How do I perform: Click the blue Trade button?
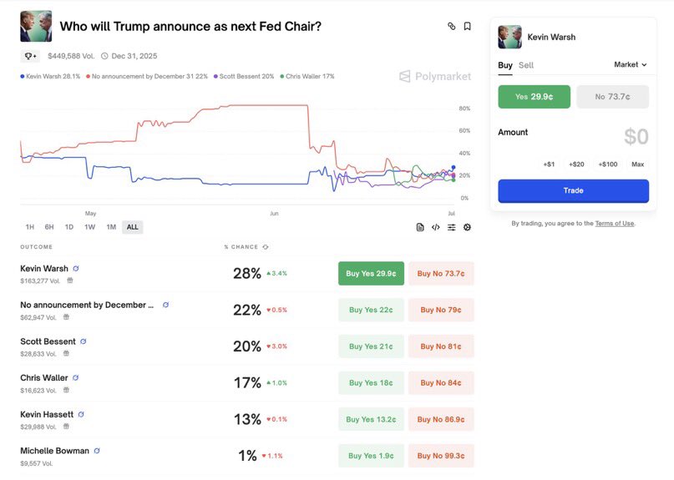pos(573,191)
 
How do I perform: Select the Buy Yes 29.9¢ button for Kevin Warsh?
pos(371,273)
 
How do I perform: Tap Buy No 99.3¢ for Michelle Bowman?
pos(441,456)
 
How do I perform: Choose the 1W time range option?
pos(90,227)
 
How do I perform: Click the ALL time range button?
pos(132,227)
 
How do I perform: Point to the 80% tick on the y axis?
pos(464,109)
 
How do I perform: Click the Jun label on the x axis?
pos(274,214)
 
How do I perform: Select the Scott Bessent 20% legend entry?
pos(244,76)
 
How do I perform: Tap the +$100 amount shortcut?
pos(608,164)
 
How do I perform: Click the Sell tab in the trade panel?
pos(526,65)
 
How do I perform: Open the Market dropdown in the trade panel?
pos(630,64)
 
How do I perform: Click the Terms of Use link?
pos(615,224)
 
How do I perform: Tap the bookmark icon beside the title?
pos(467,27)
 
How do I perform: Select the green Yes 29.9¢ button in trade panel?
pos(534,97)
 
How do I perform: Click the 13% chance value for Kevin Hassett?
pos(247,419)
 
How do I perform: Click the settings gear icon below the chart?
pos(467,227)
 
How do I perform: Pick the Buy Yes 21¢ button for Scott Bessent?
pos(371,346)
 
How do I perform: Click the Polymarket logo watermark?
pos(435,77)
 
